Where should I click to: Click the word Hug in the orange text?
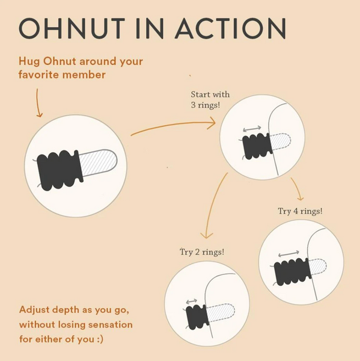[x=29, y=62]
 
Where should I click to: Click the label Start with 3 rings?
[x=210, y=100]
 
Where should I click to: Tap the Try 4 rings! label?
[x=300, y=211]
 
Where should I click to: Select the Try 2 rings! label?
[x=202, y=251]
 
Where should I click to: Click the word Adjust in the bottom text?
[x=34, y=310]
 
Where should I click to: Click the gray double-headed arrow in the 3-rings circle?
[x=252, y=129]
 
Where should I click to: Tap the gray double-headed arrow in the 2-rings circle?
[x=192, y=301]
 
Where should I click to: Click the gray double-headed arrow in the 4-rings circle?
[x=291, y=255]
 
